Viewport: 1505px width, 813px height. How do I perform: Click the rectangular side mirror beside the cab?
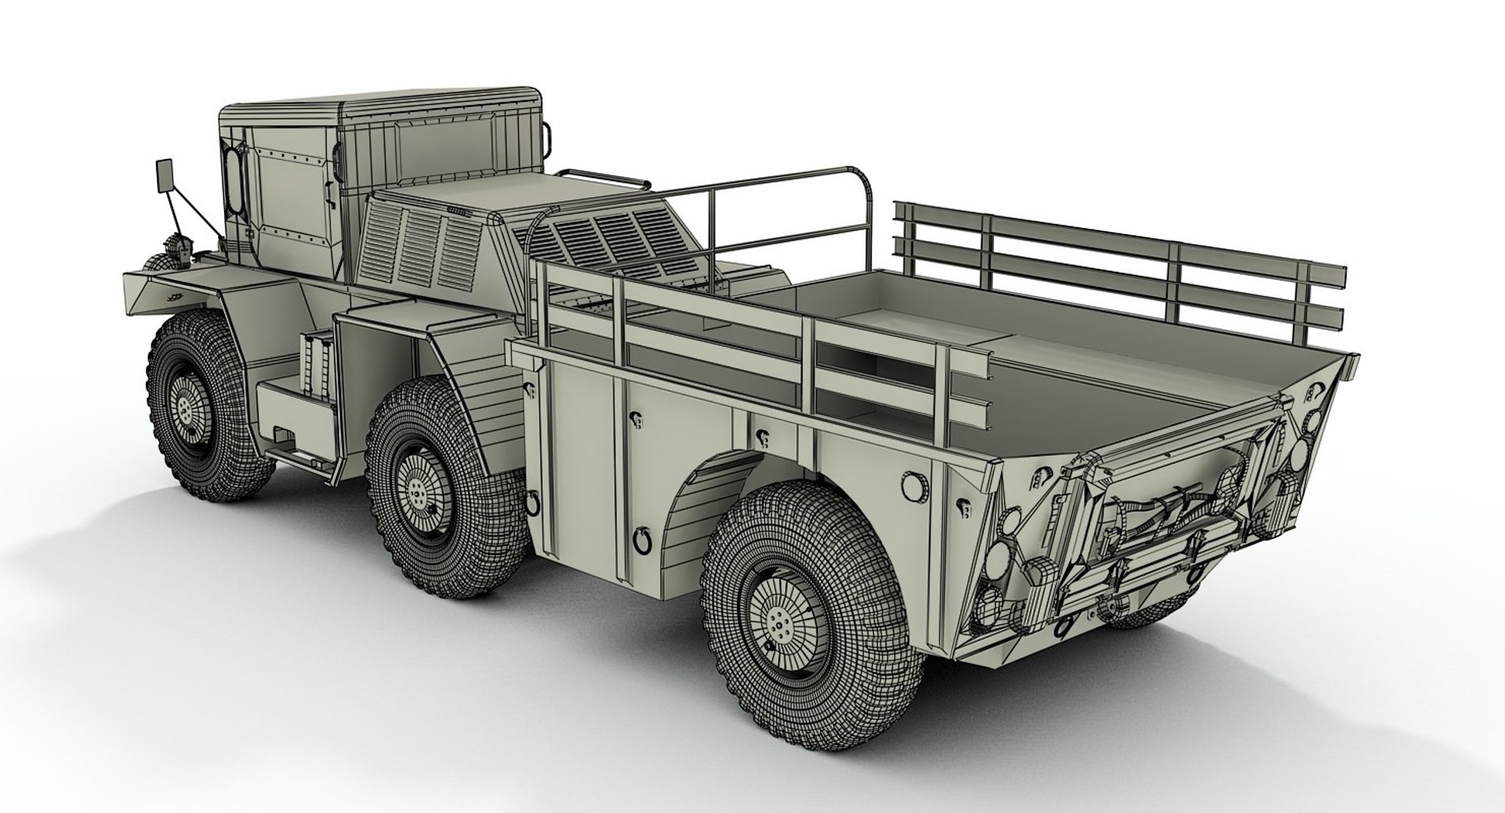point(165,175)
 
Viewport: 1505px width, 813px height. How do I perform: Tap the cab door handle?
point(253,232)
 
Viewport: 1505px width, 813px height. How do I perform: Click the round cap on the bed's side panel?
point(912,486)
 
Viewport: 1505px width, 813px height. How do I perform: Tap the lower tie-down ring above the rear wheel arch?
point(644,539)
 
